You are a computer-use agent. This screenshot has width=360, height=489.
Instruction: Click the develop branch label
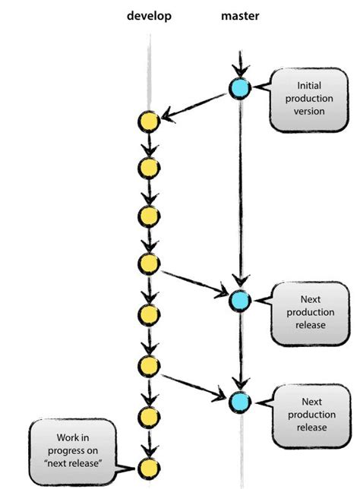tap(149, 16)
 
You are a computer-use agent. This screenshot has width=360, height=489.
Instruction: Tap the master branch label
tap(240, 16)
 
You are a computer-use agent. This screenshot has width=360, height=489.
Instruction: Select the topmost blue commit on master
tap(240, 88)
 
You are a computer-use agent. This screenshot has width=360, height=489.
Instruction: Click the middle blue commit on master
tap(240, 301)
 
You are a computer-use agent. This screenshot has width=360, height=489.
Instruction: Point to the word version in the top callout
tap(309, 112)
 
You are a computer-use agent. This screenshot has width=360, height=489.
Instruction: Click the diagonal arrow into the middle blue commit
tap(194, 282)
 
